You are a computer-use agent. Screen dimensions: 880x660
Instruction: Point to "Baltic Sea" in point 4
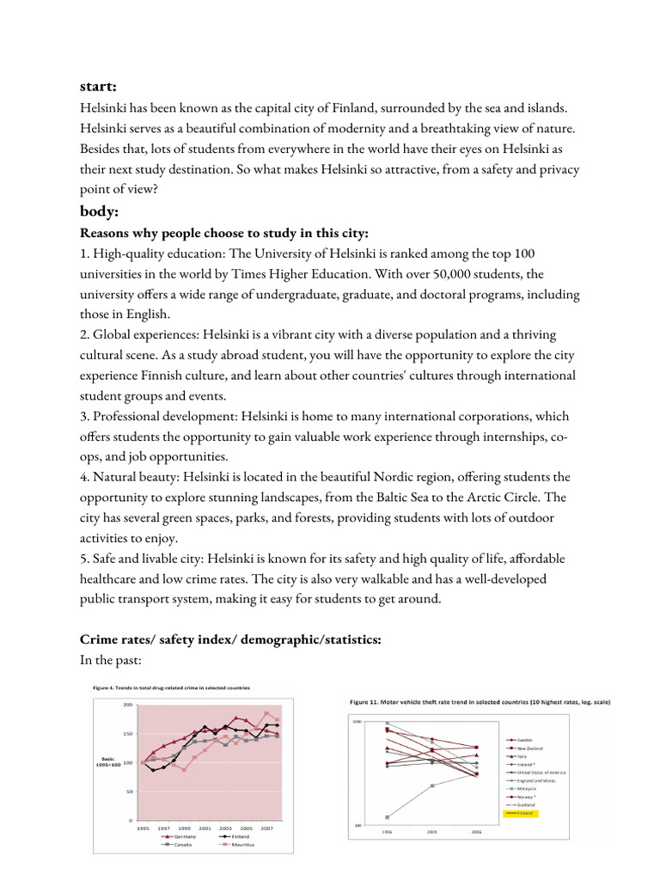click(412, 497)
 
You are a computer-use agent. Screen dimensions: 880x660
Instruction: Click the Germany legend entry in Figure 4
click(183, 836)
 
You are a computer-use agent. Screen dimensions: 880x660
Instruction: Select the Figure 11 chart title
click(480, 702)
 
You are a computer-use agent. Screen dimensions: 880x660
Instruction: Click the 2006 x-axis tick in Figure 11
click(476, 832)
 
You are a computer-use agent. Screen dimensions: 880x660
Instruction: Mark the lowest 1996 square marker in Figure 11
click(387, 817)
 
